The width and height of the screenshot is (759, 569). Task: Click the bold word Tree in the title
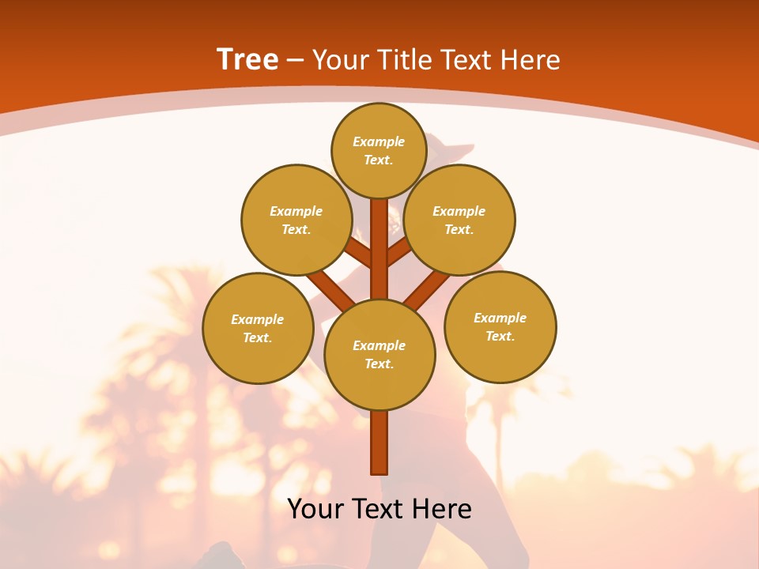[x=247, y=59]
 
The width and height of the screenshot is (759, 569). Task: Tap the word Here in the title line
[x=531, y=59]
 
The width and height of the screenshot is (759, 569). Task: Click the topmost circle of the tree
[x=379, y=150]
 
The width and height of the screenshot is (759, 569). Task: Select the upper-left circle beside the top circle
[x=296, y=220]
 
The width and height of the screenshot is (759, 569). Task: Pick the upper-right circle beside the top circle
[x=459, y=220]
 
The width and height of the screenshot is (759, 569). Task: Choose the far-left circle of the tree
[x=258, y=328]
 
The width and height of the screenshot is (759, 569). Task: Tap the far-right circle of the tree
[x=500, y=326]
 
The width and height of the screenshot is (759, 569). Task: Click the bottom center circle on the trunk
[x=379, y=354]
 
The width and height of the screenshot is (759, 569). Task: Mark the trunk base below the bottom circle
[x=379, y=443]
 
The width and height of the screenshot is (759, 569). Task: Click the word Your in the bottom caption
[x=316, y=508]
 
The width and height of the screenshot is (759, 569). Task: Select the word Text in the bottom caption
[x=379, y=508]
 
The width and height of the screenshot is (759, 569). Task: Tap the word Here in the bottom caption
[x=443, y=508]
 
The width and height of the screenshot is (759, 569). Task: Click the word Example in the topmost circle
[x=379, y=141]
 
